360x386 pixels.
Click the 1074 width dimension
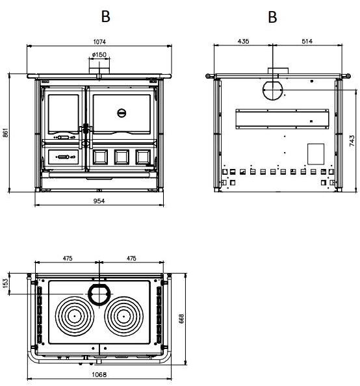pos(99,42)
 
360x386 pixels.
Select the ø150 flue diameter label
pos(99,55)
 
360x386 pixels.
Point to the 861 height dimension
pos(6,133)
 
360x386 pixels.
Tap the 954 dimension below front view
pos(99,201)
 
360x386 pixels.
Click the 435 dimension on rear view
pos(244,41)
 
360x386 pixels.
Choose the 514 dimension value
pos(307,41)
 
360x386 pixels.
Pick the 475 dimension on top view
pos(68,258)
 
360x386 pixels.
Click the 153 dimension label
pos(6,283)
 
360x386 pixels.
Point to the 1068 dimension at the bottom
pos(99,375)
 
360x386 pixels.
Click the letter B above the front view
pos(105,16)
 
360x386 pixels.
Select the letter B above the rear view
pos(273,16)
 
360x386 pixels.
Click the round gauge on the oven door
pos(122,113)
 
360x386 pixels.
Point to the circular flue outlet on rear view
pos(273,90)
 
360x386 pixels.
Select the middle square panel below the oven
pos(121,157)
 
